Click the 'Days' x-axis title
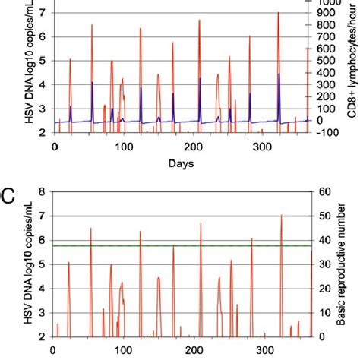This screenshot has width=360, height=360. point(179,163)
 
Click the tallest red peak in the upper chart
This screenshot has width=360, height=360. point(279,13)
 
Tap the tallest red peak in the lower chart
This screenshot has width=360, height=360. point(281,216)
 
